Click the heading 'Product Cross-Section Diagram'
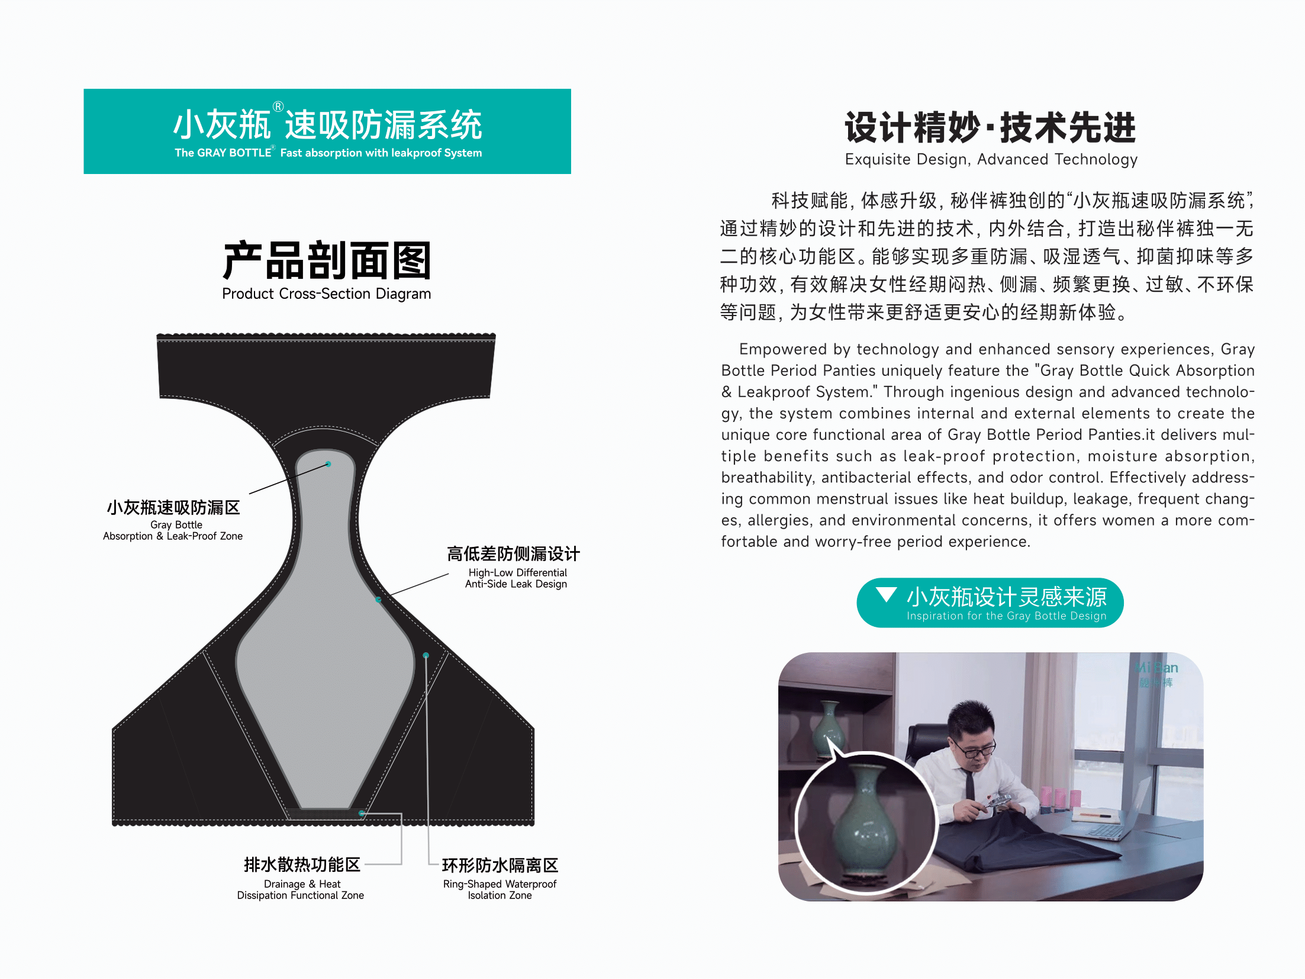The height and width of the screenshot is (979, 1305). [326, 294]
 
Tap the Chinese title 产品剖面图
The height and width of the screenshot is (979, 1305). [327, 260]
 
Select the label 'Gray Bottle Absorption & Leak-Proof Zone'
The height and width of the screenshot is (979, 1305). [173, 530]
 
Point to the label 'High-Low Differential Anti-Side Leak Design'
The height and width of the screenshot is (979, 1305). [516, 578]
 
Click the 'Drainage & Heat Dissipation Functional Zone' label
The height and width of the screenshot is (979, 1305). [301, 890]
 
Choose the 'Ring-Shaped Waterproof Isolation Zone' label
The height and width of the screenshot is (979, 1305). [500, 890]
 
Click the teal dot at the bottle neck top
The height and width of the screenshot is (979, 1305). [328, 464]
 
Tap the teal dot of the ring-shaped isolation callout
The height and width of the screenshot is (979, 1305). [426, 655]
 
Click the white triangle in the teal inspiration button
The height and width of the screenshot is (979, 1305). [886, 594]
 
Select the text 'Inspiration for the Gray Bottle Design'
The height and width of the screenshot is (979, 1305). [1006, 616]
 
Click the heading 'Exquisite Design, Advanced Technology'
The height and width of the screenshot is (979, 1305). [991, 159]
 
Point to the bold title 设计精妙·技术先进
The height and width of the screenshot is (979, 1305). [991, 127]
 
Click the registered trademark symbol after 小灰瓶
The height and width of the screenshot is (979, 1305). [278, 107]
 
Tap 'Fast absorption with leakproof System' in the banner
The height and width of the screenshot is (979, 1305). [381, 153]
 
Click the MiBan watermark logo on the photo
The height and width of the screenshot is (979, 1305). [1156, 674]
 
